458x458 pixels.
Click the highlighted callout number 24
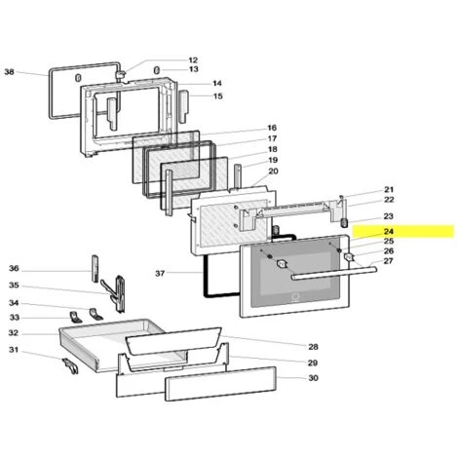(x=389, y=232)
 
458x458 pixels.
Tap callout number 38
(x=10, y=72)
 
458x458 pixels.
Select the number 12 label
(x=193, y=60)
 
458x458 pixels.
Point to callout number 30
(x=313, y=378)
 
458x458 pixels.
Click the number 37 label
(x=160, y=274)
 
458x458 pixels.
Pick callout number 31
(x=14, y=350)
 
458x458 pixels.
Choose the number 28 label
(x=313, y=347)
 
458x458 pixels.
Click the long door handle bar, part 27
(x=334, y=273)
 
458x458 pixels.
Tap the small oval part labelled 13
(x=156, y=70)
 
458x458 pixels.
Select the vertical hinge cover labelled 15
(x=183, y=106)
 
